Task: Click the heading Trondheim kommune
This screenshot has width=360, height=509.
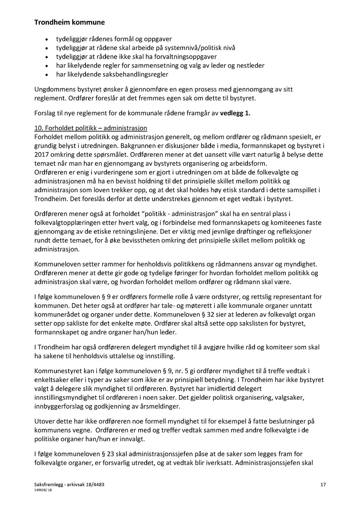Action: click(x=69, y=23)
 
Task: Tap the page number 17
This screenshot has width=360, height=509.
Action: click(x=323, y=485)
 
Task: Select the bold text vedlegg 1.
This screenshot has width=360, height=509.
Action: click(x=235, y=113)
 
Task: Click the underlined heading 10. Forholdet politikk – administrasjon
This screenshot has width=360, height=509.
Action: click(x=90, y=128)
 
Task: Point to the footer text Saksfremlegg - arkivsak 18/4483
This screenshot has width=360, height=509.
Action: click(x=69, y=485)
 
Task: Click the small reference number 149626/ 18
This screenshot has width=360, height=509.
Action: click(x=43, y=491)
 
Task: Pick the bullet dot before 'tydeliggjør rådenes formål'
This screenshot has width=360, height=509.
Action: click(x=48, y=39)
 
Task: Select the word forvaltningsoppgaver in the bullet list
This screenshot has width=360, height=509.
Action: click(x=186, y=57)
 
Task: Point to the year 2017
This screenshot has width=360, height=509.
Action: click(x=41, y=154)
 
